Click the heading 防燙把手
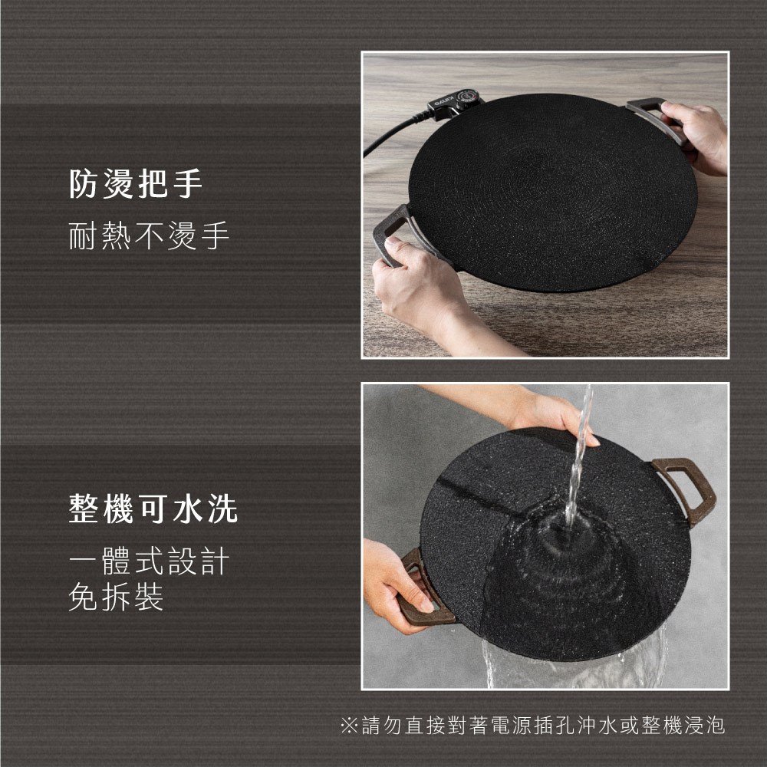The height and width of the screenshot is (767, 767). pyautogui.click(x=136, y=183)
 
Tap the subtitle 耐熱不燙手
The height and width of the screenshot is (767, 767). pyautogui.click(x=149, y=235)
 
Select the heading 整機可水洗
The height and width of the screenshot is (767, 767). pyautogui.click(x=153, y=509)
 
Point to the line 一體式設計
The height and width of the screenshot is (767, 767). pyautogui.click(x=149, y=561)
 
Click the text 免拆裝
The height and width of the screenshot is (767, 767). pyautogui.click(x=116, y=596)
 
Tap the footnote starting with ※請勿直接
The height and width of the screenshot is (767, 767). pyautogui.click(x=532, y=725)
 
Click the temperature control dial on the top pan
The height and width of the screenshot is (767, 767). pyautogui.click(x=468, y=98)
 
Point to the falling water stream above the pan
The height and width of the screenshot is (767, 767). pyautogui.click(x=578, y=455)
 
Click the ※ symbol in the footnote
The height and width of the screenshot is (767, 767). pyautogui.click(x=349, y=726)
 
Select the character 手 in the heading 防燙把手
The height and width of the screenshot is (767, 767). pyautogui.click(x=189, y=183)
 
